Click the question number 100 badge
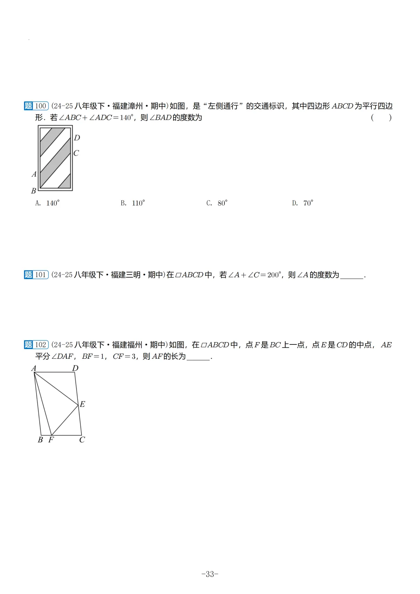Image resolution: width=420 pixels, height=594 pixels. tap(36, 106)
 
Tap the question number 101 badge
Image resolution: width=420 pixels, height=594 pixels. tap(36, 275)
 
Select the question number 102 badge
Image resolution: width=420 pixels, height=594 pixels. tap(36, 345)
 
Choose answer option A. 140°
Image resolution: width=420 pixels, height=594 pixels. tap(47, 203)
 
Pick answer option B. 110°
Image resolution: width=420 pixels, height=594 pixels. tap(133, 203)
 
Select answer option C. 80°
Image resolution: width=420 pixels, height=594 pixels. tap(217, 203)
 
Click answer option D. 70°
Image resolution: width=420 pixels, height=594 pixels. tap(303, 203)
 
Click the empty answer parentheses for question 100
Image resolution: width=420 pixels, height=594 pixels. tap(381, 117)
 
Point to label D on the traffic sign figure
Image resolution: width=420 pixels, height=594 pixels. tap(77, 138)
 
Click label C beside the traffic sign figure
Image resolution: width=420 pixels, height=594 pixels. tap(76, 153)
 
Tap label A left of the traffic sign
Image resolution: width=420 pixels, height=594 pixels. tap(34, 174)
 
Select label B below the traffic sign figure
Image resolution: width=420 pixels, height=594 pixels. tap(33, 191)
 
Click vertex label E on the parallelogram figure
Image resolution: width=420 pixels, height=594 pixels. tap(82, 404)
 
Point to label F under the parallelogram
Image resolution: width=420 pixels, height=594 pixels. tap(51, 440)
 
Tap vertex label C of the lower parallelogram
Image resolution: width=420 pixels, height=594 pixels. tap(82, 440)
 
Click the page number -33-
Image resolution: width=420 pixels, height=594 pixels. tap(210, 574)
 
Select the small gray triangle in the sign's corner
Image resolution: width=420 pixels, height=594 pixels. tap(66, 182)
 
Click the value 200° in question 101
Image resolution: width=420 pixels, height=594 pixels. tap(274, 275)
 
